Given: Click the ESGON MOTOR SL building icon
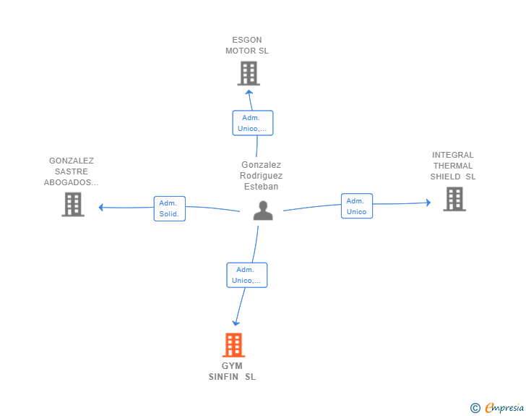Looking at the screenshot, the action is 249,73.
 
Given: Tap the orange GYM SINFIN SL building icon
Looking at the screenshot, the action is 233,345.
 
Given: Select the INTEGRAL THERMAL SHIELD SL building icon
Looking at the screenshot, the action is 454,199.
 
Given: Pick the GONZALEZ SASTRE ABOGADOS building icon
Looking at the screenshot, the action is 73,204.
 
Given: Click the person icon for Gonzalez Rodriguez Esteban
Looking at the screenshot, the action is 263,211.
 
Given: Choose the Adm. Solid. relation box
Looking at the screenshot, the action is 169,208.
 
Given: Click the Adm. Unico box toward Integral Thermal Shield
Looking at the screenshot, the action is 357,206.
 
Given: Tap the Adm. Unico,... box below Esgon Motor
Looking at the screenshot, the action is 253,123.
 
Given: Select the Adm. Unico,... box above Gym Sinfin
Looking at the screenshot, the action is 247,275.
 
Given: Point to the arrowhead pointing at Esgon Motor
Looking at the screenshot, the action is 249,92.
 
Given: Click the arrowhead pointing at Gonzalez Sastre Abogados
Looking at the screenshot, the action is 100,208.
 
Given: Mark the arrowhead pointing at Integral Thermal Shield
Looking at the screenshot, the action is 428,203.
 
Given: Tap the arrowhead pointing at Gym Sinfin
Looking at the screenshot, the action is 236,323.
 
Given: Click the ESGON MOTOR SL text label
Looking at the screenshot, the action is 247,46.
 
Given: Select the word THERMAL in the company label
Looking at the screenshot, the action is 453,166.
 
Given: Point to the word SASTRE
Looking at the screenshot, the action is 72,171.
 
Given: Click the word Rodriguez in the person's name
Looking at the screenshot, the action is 261,175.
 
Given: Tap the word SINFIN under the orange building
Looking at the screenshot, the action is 223,377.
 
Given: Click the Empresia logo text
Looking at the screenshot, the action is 504,408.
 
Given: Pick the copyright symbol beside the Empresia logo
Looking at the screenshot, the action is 475,408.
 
